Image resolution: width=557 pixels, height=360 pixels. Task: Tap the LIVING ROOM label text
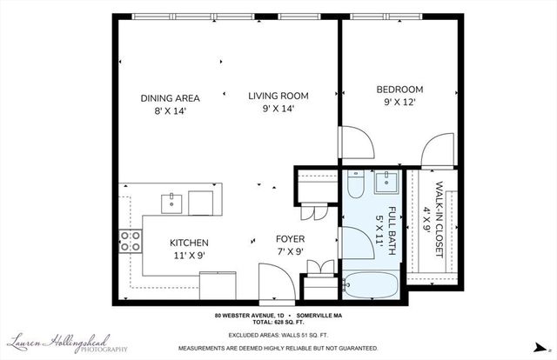pos(278,96)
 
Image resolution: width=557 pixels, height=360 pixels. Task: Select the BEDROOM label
pos(399,90)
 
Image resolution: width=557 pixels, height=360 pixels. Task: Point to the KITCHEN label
pos(189,243)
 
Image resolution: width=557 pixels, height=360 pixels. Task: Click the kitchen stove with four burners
pos(131,240)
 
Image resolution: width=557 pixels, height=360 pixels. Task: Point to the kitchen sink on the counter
pos(171,203)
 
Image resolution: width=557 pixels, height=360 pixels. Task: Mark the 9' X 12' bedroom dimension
pos(399,103)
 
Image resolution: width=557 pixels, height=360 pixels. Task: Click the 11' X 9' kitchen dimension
pos(189,256)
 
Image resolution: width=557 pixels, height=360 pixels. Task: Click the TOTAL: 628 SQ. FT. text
pos(278,323)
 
